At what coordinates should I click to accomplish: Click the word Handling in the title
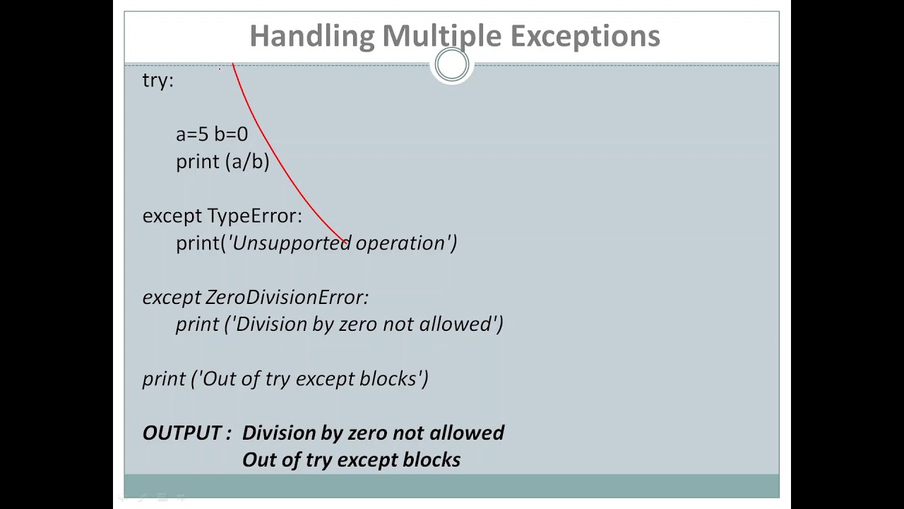tap(311, 36)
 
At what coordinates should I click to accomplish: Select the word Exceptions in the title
tap(585, 36)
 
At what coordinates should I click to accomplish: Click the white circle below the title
tap(451, 66)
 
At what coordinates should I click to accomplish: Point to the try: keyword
tap(157, 81)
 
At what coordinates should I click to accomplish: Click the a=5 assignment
tap(192, 134)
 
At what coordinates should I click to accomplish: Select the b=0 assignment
tap(231, 134)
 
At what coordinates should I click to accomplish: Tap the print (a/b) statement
tap(222, 162)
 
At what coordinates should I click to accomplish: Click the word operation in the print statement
tap(400, 243)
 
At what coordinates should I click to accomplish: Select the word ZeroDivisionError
tap(286, 297)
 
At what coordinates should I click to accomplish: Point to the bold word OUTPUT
tap(182, 433)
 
